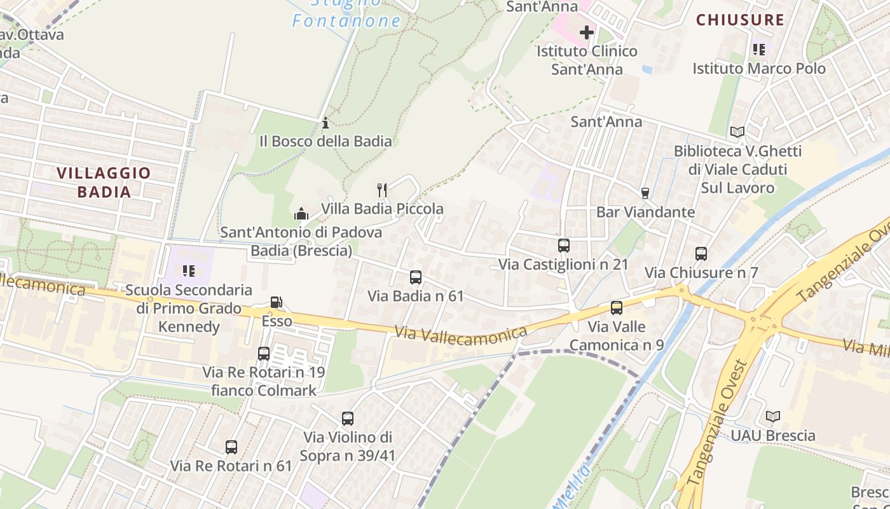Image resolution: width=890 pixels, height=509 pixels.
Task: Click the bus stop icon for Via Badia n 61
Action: (416, 277)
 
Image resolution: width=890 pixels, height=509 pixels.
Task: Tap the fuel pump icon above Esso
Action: (277, 302)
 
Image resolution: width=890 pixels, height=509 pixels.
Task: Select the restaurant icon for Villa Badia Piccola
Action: (382, 190)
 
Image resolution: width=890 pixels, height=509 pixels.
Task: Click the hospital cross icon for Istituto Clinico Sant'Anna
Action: (586, 32)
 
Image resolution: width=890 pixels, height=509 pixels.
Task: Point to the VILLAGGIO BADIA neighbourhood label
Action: (104, 182)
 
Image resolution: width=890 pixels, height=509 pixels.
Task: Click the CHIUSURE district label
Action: (740, 20)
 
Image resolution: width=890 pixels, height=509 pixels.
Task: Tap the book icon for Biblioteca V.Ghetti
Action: (737, 132)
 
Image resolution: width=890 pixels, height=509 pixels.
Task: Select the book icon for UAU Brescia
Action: (773, 417)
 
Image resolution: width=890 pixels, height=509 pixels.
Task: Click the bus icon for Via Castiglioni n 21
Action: (563, 246)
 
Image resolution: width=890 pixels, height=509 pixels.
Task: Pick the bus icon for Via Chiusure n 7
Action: (701, 254)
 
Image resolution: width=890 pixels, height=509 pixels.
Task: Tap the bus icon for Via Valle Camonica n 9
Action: (617, 308)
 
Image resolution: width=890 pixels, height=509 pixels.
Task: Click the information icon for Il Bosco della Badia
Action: (325, 122)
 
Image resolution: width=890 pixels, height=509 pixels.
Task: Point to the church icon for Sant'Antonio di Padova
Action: (301, 214)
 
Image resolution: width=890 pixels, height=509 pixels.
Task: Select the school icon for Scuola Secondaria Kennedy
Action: (189, 271)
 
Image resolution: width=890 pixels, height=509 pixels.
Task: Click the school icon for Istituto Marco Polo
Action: (759, 50)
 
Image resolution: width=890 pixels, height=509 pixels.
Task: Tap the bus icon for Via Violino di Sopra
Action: (348, 419)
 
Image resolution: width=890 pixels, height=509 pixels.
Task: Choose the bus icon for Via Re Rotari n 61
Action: (231, 447)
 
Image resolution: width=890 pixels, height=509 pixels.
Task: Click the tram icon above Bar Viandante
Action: (645, 193)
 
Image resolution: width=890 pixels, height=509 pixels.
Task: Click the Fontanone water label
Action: (346, 21)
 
